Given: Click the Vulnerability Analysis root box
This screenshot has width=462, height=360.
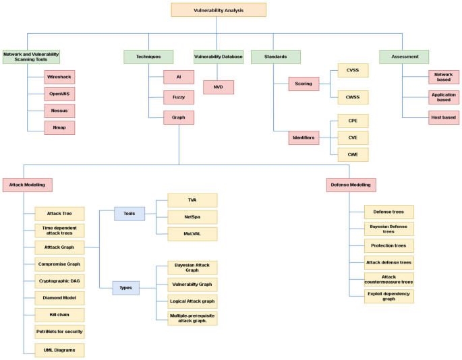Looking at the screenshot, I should coord(219,9).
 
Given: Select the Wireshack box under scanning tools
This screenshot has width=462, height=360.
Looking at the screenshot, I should coord(60,77).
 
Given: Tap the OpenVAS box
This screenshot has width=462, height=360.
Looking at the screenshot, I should coord(60,94).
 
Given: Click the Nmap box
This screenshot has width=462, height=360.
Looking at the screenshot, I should coord(60,127).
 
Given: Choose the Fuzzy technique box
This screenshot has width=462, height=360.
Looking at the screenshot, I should coord(179,97).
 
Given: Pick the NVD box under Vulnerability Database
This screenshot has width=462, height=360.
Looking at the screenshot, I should coord(219,87).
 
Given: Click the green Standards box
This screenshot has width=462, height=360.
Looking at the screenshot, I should coord(275,57).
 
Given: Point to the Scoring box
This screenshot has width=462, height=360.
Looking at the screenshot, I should coord(304,84).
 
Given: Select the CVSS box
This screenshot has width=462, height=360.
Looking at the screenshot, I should coord(353,71).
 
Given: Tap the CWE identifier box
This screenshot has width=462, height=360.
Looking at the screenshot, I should coord(353,154).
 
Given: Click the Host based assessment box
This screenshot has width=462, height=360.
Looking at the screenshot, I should coord(444,117).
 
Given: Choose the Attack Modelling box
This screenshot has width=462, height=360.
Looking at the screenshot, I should coord(27,184).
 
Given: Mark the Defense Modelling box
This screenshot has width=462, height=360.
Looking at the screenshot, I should coord(351,184).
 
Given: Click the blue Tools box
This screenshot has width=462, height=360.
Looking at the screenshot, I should coord(129,214).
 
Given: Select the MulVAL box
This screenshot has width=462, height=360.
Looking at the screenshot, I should coord(192,233).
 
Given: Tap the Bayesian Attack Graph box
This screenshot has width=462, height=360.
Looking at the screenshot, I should coord(192,268).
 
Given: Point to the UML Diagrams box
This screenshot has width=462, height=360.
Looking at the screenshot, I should coord(59,350).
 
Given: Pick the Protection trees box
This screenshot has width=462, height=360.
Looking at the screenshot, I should coord(388,245).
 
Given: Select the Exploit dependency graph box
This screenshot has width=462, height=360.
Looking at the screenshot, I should coord(388,296).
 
